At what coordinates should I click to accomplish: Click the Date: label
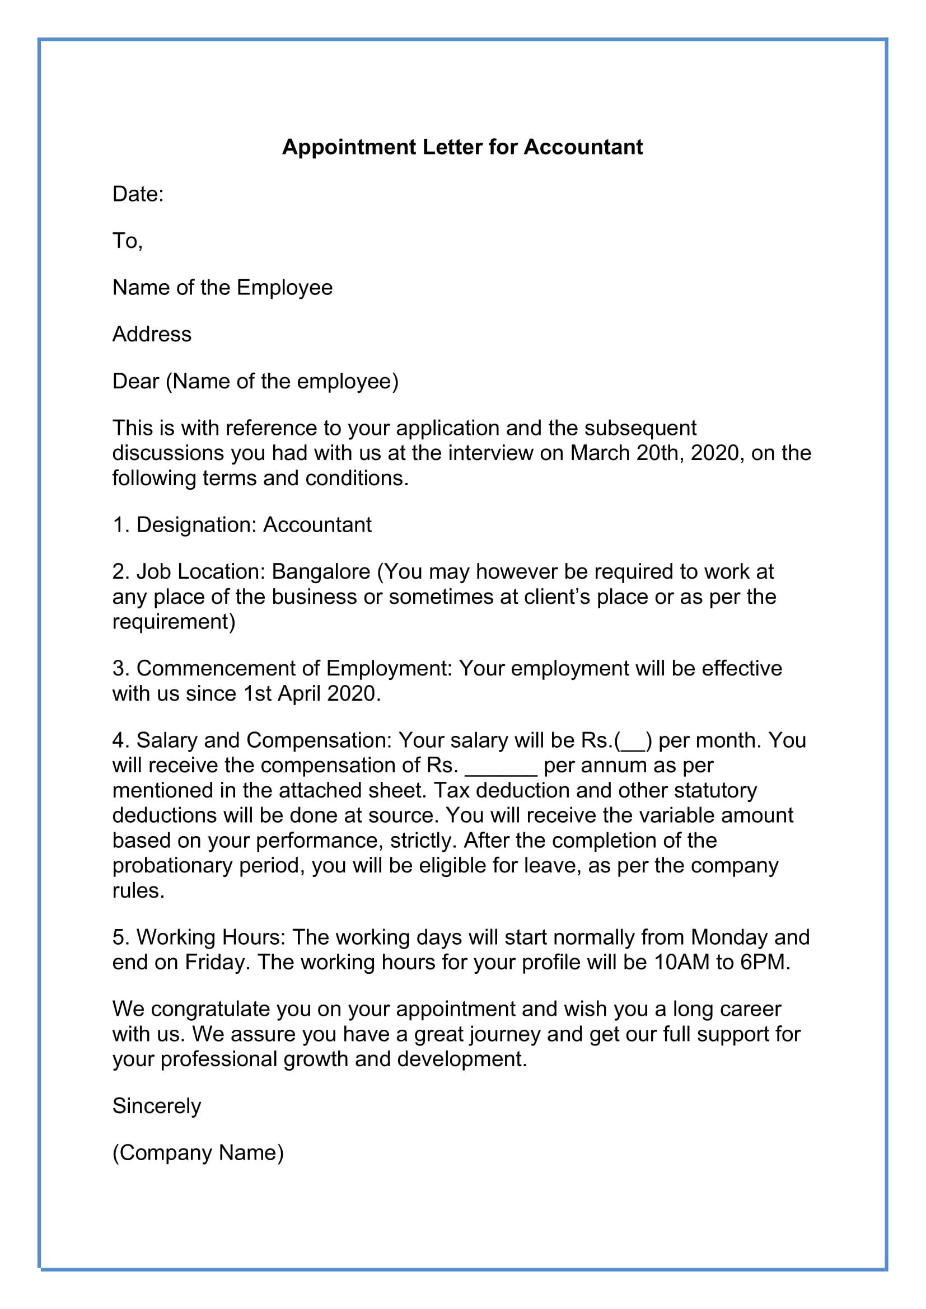tap(138, 194)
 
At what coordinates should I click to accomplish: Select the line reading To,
tap(127, 241)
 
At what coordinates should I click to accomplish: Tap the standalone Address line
tap(152, 334)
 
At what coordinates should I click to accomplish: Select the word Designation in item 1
tap(196, 524)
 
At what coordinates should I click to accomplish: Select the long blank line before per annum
tap(501, 766)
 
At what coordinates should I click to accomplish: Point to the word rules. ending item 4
tap(138, 890)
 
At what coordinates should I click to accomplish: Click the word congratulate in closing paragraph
tap(211, 1009)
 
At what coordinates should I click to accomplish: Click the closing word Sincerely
tap(156, 1106)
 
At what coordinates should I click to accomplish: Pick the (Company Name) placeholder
tap(198, 1153)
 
